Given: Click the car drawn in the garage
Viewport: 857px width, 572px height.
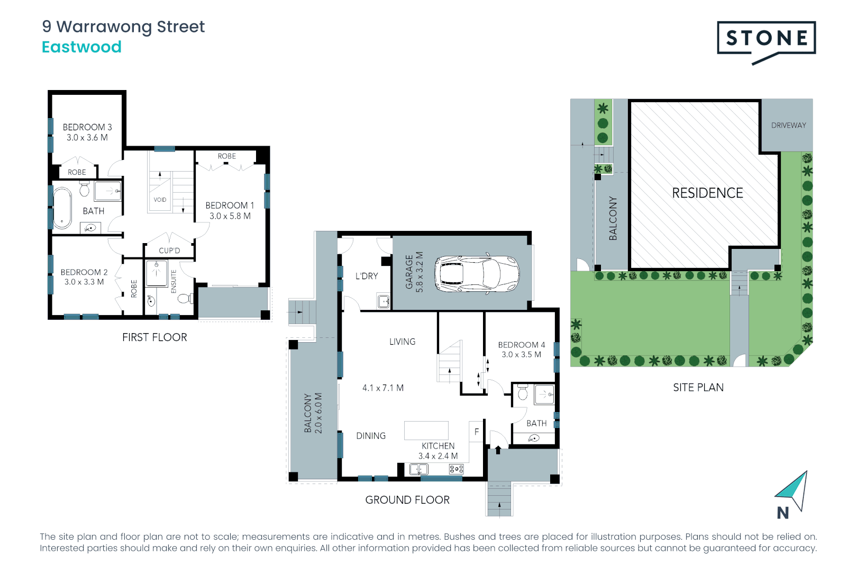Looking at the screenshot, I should tap(477, 274).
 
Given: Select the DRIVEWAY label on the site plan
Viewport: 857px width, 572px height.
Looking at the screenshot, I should tap(788, 126).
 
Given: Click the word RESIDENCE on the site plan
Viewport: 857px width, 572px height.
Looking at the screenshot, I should tap(707, 193).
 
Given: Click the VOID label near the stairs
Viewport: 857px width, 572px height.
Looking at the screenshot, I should tap(160, 200).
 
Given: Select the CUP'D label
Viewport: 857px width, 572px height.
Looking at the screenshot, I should tap(169, 251).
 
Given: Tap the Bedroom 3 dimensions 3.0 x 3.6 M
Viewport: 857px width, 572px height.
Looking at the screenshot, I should tap(87, 138).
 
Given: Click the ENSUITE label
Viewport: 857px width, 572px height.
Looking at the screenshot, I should tap(174, 281).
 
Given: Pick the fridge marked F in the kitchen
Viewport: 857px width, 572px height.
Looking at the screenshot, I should tap(477, 432).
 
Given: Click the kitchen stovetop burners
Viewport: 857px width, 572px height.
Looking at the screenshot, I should tap(456, 469).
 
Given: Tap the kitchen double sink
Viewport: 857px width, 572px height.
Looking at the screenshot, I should tap(419, 469).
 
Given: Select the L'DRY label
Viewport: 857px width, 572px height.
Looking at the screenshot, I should tap(367, 276).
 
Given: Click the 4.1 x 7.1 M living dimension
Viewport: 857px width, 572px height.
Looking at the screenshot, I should tap(382, 388).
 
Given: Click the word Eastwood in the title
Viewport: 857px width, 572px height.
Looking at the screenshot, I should tap(81, 47).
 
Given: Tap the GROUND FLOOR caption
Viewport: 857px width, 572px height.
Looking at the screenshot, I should tap(407, 500).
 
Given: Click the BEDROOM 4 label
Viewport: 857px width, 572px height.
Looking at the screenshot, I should tap(521, 345).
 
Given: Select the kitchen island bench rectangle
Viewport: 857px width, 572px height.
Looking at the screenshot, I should tap(426, 431).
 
